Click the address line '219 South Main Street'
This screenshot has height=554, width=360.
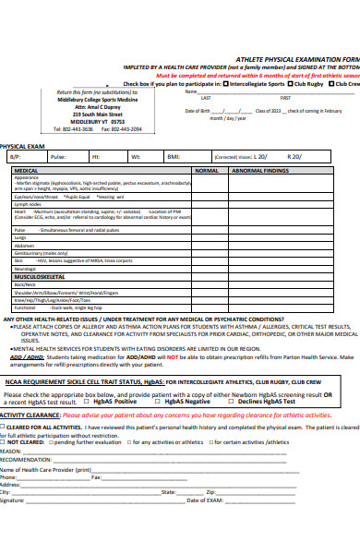click(x=96, y=114)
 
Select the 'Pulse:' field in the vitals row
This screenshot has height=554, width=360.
click(x=57, y=157)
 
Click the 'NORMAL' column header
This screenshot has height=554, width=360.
click(x=207, y=171)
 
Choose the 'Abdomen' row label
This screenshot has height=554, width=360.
click(x=23, y=245)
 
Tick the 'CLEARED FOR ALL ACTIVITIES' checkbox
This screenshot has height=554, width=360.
click(x=4, y=403)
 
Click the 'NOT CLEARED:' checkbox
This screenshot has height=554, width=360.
click(x=4, y=416)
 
